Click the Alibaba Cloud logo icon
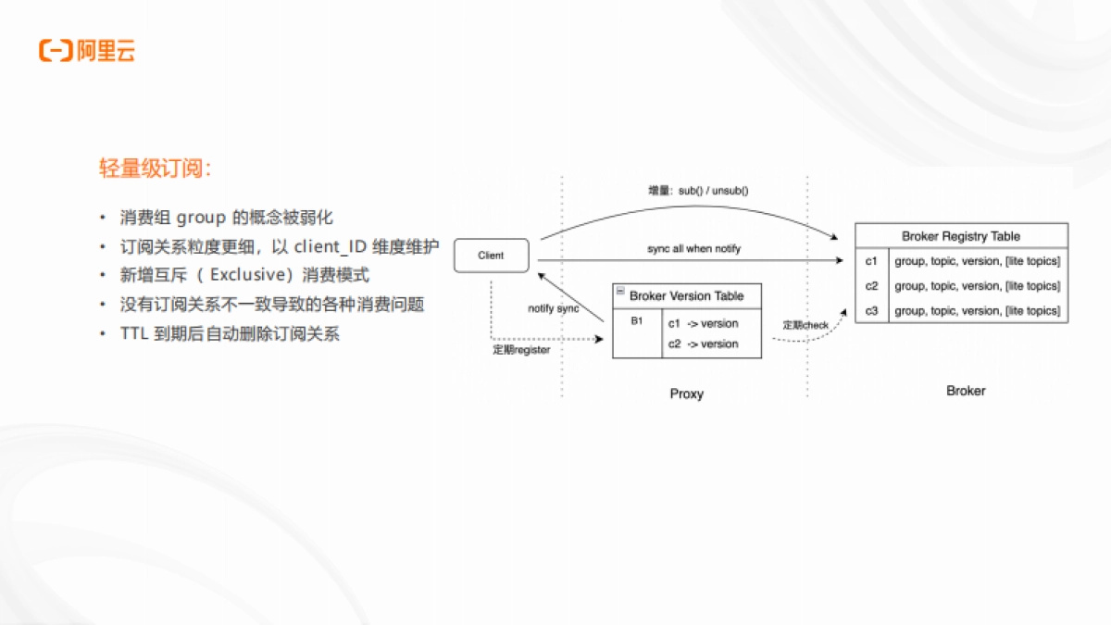click(x=56, y=51)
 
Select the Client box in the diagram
click(x=491, y=256)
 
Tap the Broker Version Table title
click(x=686, y=296)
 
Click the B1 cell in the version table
click(x=637, y=321)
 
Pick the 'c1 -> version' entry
click(x=703, y=324)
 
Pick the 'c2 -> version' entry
click(x=703, y=344)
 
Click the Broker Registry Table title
click(x=961, y=236)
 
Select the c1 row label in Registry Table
click(x=871, y=262)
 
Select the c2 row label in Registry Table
click(x=871, y=286)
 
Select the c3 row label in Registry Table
click(x=871, y=311)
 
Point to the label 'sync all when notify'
click(x=693, y=249)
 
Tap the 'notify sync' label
click(x=554, y=308)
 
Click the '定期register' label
click(x=521, y=350)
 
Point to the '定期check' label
click(x=805, y=326)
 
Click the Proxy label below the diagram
click(x=686, y=394)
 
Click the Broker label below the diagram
click(x=966, y=391)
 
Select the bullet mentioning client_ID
click(x=279, y=247)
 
